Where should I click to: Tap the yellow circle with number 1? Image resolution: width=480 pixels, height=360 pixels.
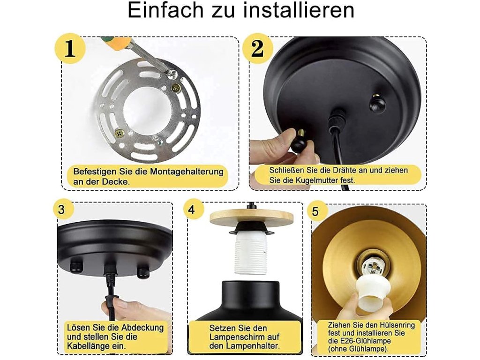[70, 48]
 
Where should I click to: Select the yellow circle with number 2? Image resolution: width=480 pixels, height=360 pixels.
[257, 48]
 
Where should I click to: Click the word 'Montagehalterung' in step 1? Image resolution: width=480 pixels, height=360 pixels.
[187, 172]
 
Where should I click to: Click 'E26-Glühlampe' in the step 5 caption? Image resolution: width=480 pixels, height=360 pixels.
[364, 341]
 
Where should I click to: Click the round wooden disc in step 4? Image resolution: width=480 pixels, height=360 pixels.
[251, 218]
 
